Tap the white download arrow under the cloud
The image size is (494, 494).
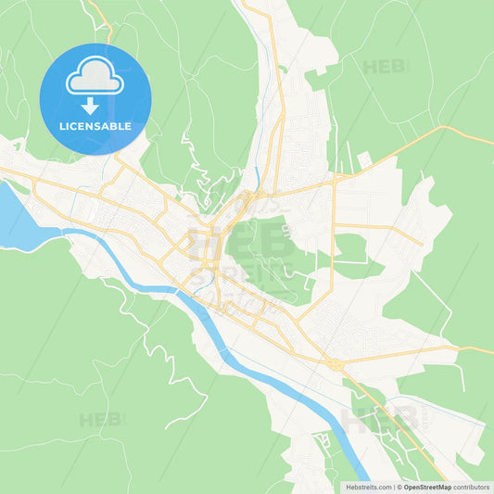tap(95, 105)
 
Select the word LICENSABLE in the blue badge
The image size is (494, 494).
tap(95, 125)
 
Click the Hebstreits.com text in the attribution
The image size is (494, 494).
tap(369, 487)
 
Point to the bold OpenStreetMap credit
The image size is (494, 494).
tap(427, 487)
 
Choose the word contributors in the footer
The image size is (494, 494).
tap(472, 487)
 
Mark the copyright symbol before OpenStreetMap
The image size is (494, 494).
tap(399, 487)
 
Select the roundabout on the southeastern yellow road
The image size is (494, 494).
tap(333, 364)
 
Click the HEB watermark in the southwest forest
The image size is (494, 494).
tap(101, 420)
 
